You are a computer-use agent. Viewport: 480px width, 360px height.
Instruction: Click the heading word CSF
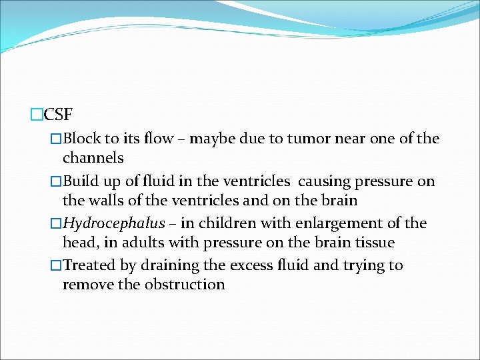[58, 115]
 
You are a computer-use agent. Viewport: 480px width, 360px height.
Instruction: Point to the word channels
[93, 158]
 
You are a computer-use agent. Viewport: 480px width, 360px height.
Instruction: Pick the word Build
[82, 181]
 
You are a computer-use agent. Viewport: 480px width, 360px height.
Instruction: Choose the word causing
[323, 181]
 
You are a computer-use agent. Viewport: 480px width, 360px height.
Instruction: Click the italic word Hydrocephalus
[114, 223]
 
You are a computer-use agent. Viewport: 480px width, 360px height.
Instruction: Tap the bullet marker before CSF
[37, 115]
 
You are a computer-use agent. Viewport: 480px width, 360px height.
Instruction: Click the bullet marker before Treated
[56, 265]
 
